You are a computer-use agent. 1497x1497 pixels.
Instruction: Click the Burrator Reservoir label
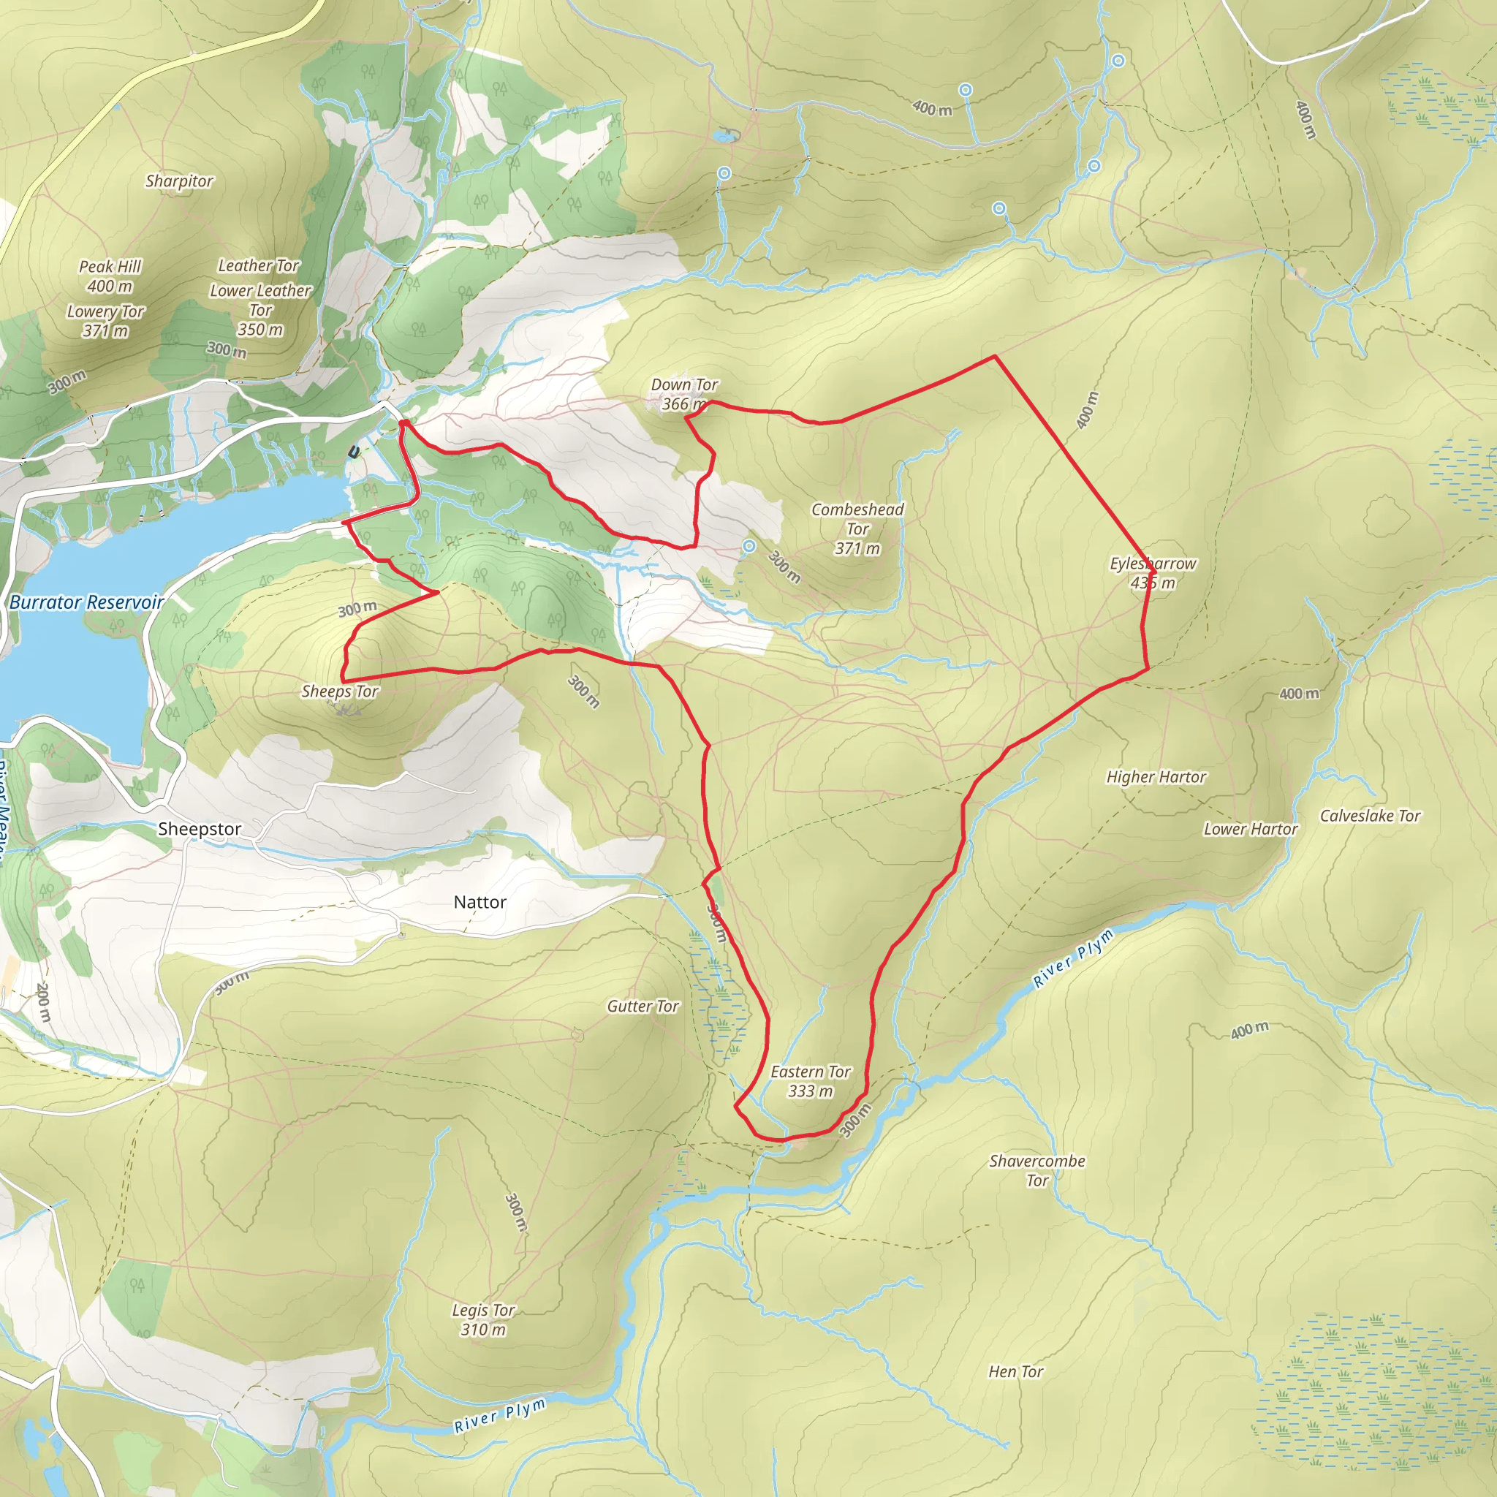coord(87,602)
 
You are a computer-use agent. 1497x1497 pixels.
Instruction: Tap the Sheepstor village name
coord(199,829)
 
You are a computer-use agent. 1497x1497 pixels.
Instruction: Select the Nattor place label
coord(480,902)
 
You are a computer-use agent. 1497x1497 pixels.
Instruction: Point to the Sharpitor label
coord(179,181)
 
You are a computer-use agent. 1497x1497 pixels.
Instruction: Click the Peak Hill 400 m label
coord(110,276)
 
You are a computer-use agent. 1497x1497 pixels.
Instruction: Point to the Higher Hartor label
coord(1156,777)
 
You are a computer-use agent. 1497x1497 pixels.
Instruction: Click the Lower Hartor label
coord(1250,829)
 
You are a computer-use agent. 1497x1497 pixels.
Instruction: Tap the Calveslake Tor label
coord(1370,816)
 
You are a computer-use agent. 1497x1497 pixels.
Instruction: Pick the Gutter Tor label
coord(643,1007)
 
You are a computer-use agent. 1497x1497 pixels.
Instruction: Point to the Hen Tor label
coord(1015,1371)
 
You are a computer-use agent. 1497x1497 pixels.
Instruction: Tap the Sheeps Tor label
coord(339,691)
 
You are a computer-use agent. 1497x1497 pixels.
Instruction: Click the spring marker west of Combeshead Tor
coord(748,546)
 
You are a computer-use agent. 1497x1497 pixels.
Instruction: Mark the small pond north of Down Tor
coord(724,137)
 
